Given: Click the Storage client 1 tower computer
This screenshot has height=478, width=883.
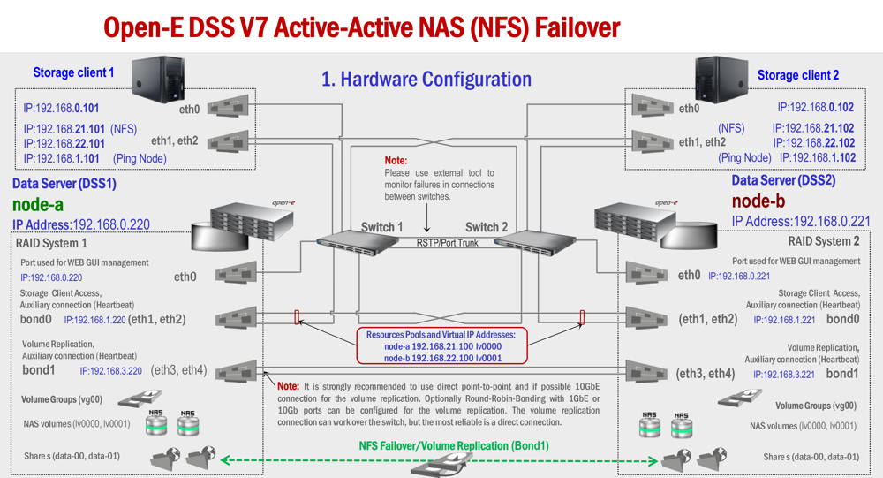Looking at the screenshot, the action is click(158, 79).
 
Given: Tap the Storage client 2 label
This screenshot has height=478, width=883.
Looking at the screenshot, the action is click(798, 75).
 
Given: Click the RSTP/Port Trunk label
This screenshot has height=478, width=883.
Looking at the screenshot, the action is click(447, 243).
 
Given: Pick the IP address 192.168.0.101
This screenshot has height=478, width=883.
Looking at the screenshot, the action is click(61, 108).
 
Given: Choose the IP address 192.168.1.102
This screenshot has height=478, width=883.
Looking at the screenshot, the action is click(818, 158).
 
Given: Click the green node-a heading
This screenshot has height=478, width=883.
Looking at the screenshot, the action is click(38, 204).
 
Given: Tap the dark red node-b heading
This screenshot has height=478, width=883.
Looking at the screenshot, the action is click(758, 201).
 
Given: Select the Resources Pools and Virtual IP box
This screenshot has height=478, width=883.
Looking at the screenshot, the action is click(441, 345).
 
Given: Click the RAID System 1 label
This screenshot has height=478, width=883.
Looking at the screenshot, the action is click(51, 244).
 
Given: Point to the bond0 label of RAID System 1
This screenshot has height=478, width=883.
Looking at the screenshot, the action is click(36, 319).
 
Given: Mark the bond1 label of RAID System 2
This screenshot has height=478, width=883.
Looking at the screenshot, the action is click(842, 374).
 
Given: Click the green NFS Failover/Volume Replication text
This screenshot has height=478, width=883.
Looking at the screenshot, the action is click(454, 446).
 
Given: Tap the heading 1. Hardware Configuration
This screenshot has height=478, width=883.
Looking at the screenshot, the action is click(426, 80).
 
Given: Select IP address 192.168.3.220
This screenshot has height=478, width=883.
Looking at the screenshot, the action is click(111, 371).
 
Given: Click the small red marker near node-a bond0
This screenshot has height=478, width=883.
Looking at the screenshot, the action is click(297, 317).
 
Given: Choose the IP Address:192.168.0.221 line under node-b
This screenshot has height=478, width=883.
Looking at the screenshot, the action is click(801, 222).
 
